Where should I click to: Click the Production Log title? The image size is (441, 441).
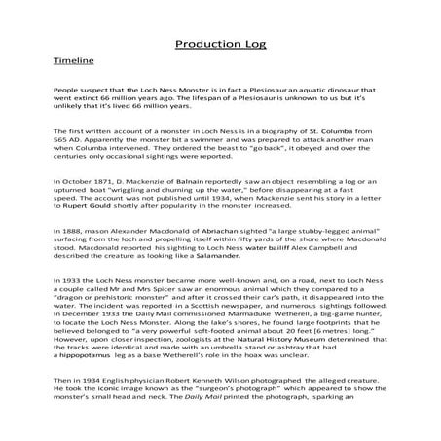pos(220,44)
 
